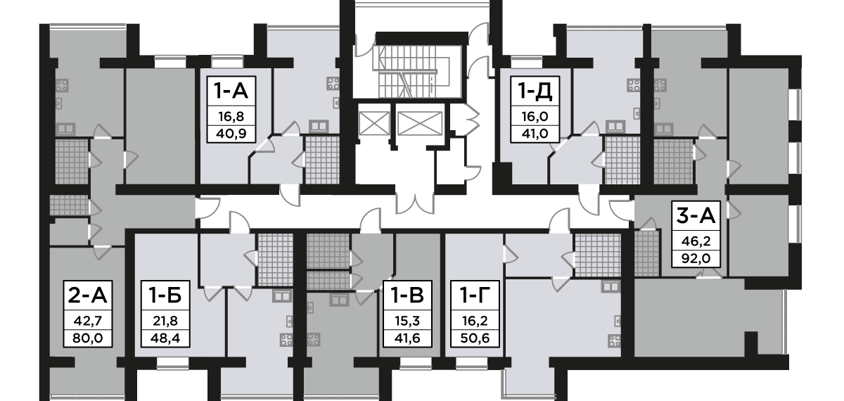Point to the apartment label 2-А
pos(84,294)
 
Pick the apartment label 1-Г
pos(472,294)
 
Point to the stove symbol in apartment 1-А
pos(332,84)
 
